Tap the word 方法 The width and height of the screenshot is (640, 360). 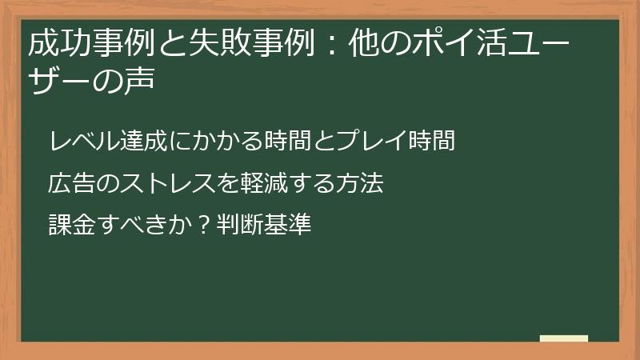[362, 184]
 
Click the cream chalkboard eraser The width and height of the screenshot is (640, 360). [563, 338]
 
